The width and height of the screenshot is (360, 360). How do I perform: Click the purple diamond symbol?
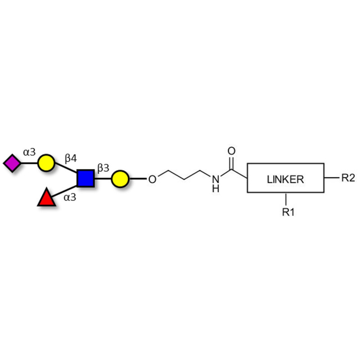coord(12,163)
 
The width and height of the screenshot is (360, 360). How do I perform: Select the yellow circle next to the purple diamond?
coord(46,163)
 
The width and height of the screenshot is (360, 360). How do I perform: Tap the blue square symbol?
coord(85,178)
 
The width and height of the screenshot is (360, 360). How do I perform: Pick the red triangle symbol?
coord(47,197)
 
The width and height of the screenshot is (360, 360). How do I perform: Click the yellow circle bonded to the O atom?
coord(120,179)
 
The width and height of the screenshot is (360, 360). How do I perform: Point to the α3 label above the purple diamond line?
coord(29,152)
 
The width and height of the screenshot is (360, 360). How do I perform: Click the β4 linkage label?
coord(71,158)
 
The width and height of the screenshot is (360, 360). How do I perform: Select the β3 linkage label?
coord(103,168)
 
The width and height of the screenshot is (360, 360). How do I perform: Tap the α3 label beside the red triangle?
coord(70,197)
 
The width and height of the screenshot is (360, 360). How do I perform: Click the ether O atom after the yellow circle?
coord(152,179)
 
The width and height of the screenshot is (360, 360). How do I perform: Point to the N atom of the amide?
coord(216,179)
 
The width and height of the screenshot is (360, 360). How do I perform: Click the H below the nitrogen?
coord(216,189)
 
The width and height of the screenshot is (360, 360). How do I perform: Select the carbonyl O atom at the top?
coord(231,151)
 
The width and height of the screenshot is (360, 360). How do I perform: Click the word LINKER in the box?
coord(285,179)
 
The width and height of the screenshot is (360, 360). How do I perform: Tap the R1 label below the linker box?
coord(288,212)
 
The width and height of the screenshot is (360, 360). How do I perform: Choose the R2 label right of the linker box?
coord(348,178)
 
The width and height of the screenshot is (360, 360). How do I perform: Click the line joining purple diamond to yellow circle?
coord(29,163)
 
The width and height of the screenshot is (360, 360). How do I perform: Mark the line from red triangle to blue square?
coord(64,191)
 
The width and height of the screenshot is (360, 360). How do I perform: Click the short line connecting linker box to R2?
coord(332,178)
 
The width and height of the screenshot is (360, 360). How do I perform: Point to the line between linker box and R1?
coord(286,199)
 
